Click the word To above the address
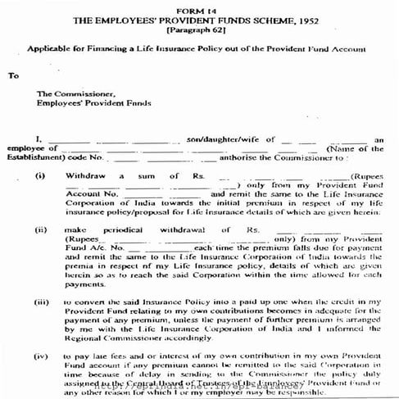coord(12,76)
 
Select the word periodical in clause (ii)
coord(131,231)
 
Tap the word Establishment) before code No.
coord(35,157)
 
